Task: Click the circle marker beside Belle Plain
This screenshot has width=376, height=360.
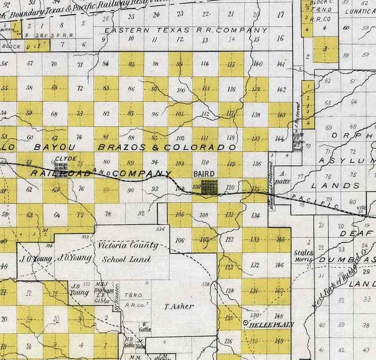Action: [246, 324]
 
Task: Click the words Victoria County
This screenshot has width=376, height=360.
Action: [128, 245]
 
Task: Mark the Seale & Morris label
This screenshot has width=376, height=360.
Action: [304, 256]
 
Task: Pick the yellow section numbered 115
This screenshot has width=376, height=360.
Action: [231, 64]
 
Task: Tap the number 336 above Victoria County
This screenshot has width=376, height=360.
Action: [160, 229]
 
